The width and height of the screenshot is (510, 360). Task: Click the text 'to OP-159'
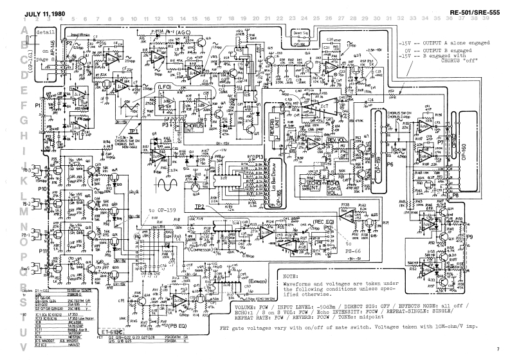163,210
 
